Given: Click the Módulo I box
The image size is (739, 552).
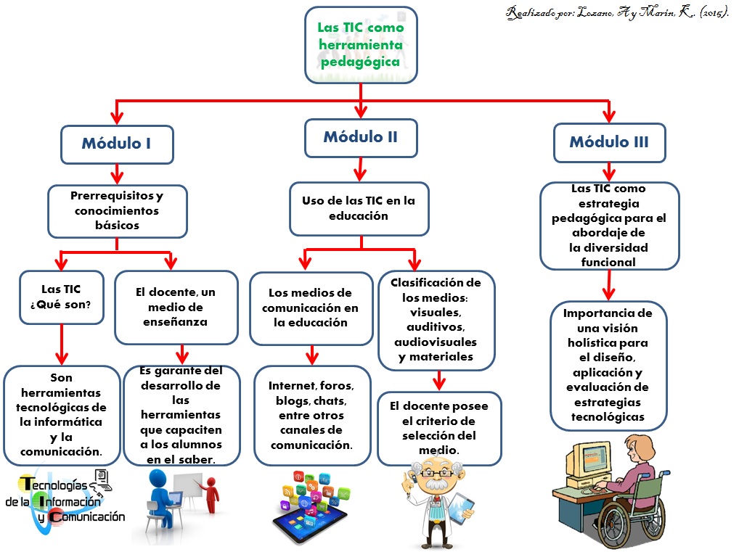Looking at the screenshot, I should coord(116,144).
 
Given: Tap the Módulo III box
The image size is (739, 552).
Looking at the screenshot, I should coord(608,142).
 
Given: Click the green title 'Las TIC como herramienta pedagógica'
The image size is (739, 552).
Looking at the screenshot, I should coord(361,44).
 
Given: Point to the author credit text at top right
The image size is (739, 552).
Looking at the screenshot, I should coord(617,14).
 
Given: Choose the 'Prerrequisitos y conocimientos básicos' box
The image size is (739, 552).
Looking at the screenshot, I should coord(117,210).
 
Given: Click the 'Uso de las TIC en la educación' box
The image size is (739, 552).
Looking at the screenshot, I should coord(359,208).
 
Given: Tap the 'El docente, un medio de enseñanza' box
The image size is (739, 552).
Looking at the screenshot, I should coord(176,307).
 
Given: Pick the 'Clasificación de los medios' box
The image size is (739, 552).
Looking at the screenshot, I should coord(436,320).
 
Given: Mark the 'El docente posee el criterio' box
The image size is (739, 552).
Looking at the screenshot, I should coord(438,428).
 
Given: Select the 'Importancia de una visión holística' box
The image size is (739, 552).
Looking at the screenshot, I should coord(608,365).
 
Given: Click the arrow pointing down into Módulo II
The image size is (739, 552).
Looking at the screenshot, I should coord(361,109).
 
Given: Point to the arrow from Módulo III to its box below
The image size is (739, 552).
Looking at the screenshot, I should coord(609,172).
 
